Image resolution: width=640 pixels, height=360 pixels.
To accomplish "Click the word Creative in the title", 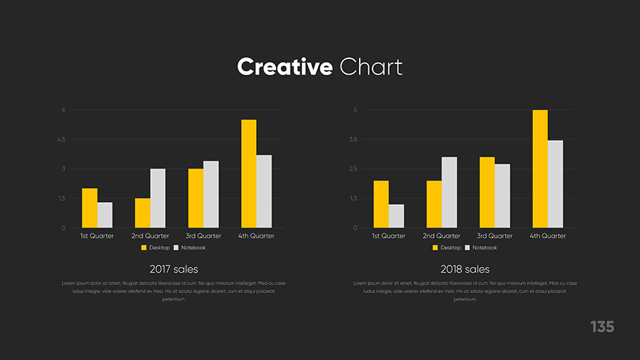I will pos(284,67).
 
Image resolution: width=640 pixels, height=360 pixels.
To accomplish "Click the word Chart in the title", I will pos(371,67).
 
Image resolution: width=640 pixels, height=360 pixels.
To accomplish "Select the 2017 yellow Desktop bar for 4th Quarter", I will pos(248,174).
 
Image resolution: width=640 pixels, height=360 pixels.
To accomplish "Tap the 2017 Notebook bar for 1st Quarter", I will pos(105,215).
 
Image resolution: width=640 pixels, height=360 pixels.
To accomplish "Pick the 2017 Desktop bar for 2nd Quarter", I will pos(142,213).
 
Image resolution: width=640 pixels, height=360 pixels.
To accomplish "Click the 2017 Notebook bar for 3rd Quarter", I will pos(210,194).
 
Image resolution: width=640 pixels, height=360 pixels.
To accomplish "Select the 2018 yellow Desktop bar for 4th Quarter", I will pos(540,169).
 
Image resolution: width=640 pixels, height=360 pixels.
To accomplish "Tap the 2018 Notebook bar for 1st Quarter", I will pos(396,216).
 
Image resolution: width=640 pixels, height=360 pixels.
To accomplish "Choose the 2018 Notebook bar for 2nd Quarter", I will pos(449,192).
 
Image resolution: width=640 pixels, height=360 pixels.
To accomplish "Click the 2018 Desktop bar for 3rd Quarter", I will pos(486,192).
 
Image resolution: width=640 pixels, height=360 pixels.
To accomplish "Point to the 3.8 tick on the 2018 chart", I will pos(353,139).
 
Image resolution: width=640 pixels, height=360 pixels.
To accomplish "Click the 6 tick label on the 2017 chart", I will pos(63,110).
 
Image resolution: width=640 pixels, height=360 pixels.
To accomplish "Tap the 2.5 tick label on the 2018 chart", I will pos(353,169).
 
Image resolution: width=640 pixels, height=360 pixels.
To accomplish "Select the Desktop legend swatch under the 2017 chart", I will pos(144,248).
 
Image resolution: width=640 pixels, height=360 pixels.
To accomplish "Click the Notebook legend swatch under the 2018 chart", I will pos(467,248).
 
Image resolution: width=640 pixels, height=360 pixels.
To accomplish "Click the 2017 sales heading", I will pos(174,270).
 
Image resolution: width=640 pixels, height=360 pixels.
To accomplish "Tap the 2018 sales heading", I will pos(465,270).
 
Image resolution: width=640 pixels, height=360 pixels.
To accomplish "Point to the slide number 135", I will pos(602,327).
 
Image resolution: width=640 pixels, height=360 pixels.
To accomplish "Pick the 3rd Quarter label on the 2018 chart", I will pos(494,235).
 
